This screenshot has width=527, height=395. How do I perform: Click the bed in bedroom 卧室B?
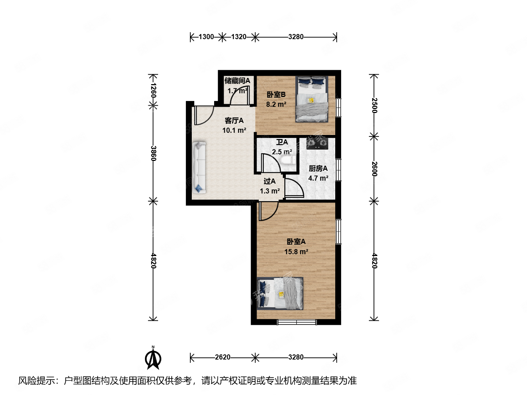tap(312, 99)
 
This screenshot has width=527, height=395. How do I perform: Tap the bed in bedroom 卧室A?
tap(280, 293)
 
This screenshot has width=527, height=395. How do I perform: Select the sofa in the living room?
tap(199, 167)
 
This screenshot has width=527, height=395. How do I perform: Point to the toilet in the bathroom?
tap(288, 160)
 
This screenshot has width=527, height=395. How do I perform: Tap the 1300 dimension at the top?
tap(206, 37)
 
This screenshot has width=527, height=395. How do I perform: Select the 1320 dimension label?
tap(239, 37)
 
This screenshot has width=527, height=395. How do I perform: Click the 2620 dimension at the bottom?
tap(223, 357)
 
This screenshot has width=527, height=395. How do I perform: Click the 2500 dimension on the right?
tap(374, 105)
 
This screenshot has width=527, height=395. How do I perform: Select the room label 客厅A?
tap(234, 120)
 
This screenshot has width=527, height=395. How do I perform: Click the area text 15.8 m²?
tap(296, 252)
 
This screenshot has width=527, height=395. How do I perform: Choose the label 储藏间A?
tap(237, 80)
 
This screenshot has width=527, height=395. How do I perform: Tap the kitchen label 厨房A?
tap(318, 168)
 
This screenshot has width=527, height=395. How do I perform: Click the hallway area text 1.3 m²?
tap(270, 191)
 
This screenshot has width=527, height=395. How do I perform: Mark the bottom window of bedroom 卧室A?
tap(297, 322)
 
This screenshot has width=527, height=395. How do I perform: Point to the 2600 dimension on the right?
tap(374, 169)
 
